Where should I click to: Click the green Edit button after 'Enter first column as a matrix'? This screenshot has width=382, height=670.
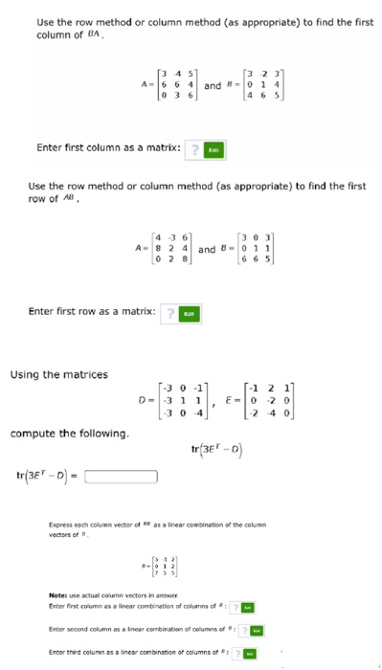(x=215, y=148)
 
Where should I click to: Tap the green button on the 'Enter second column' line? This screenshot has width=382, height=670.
(x=257, y=628)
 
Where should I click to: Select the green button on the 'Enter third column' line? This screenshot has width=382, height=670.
(x=250, y=653)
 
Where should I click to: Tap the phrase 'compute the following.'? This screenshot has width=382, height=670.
(x=70, y=434)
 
